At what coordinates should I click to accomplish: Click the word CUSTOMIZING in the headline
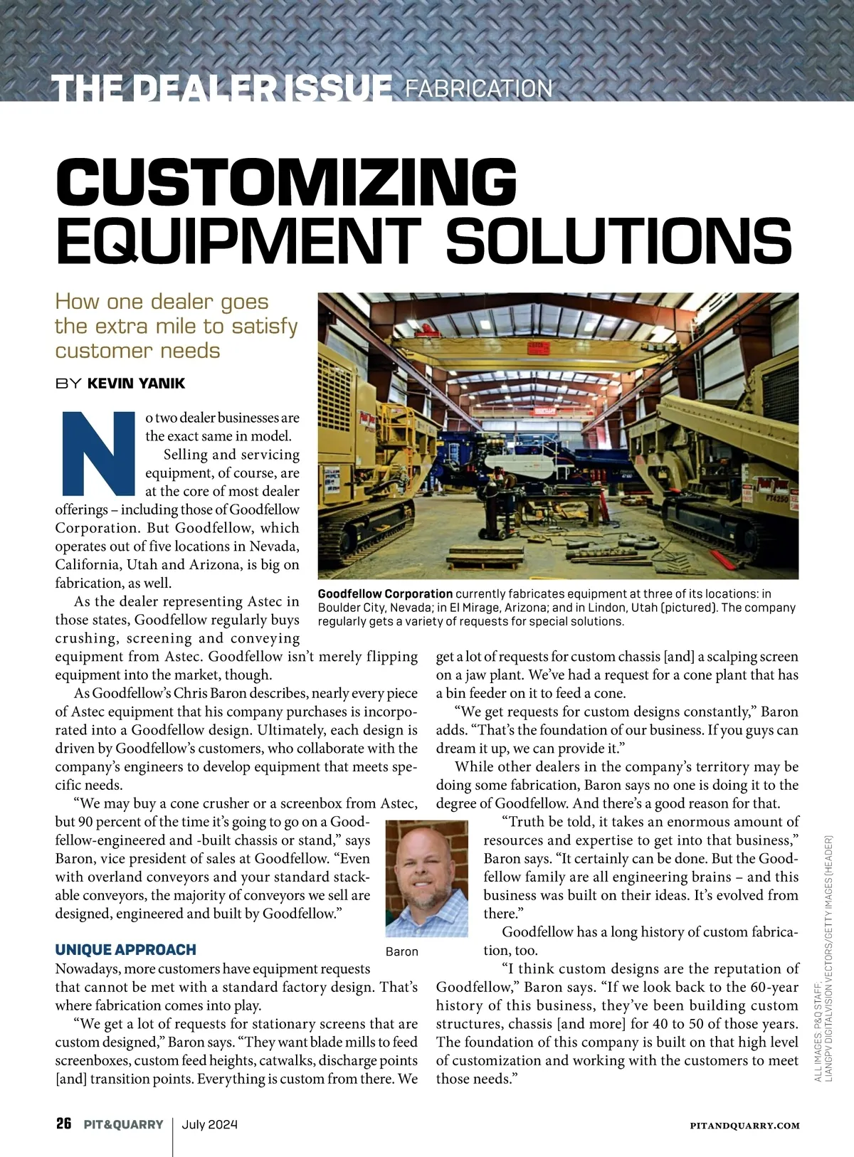[286, 182]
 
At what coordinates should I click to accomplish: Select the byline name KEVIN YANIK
[136, 384]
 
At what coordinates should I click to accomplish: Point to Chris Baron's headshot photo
[427, 878]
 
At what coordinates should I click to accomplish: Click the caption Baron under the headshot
[402, 951]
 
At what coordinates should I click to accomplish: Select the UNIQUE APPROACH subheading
[126, 950]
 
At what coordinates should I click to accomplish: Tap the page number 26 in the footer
[64, 1124]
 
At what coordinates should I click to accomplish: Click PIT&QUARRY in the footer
[123, 1125]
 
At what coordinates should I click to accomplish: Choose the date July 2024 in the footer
[210, 1125]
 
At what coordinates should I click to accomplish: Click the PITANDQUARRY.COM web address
[744, 1126]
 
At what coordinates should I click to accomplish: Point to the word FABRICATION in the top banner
[478, 88]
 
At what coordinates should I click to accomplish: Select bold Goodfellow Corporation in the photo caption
[385, 593]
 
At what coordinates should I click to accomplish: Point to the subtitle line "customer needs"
[137, 351]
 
